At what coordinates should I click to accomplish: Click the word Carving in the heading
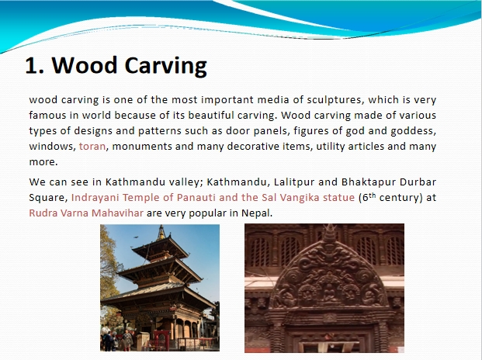(165, 66)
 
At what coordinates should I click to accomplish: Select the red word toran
(92, 146)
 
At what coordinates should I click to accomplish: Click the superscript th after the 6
(372, 195)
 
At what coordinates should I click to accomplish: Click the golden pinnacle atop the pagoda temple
(161, 232)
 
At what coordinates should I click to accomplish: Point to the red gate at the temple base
(161, 340)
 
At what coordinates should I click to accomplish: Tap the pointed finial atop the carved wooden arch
(330, 234)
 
